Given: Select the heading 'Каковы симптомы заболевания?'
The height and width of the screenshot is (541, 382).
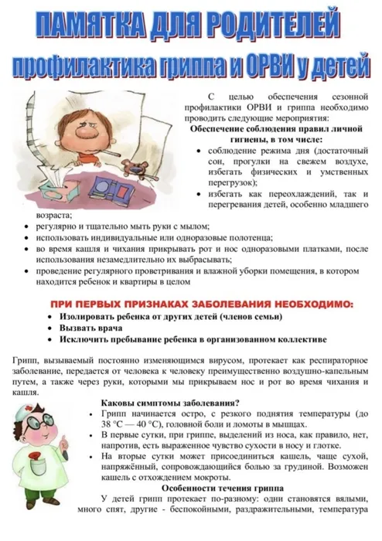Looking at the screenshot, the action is click(170, 401).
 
